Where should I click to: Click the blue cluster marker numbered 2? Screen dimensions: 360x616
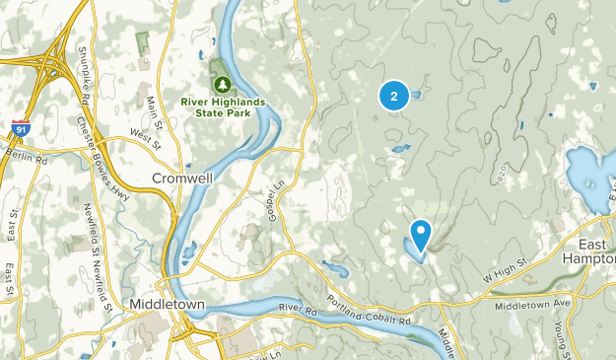394,96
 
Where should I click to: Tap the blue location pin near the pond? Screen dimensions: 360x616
421,235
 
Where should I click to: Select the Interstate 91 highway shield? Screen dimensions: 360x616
20,127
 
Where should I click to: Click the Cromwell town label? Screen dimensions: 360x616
181,179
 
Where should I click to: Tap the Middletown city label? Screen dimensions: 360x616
168,305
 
